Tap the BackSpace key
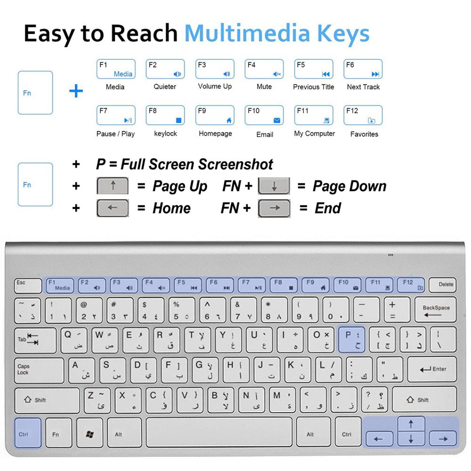[x=436, y=310]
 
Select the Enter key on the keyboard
[x=432, y=369]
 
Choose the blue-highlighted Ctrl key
[x=27, y=433]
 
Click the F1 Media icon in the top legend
[x=116, y=69]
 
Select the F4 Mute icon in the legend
[x=264, y=69]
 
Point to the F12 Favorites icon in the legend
[x=363, y=115]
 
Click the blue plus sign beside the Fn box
[x=76, y=91]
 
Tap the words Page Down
[x=349, y=186]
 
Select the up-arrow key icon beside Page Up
[x=113, y=186]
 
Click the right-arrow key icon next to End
[x=274, y=208]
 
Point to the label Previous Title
[x=313, y=87]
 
